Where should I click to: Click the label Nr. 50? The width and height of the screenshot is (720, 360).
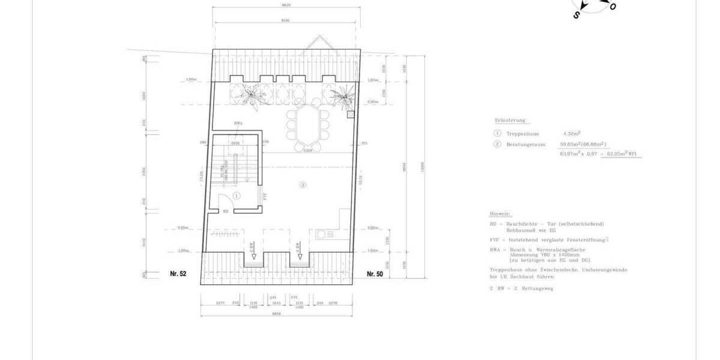[x=374, y=274]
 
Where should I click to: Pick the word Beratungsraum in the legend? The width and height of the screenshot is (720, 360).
[x=521, y=145]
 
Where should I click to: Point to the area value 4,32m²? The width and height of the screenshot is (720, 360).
[x=572, y=134]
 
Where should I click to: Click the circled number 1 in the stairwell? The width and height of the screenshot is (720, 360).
[x=236, y=196]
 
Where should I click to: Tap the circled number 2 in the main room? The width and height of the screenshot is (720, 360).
[x=303, y=184]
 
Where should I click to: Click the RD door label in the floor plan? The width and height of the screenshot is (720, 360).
[x=225, y=211]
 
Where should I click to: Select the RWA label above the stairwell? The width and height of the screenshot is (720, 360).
[x=238, y=124]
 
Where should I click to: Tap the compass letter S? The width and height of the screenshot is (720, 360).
[x=577, y=16]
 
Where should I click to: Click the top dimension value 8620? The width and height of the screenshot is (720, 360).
[x=286, y=5]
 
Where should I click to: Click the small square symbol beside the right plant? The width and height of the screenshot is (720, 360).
[x=350, y=113]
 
